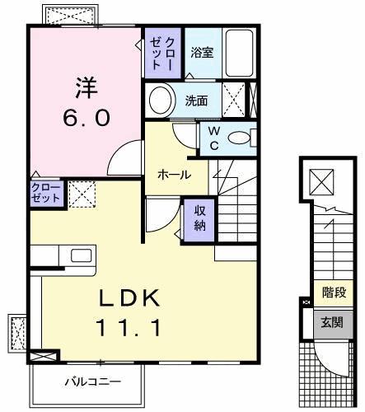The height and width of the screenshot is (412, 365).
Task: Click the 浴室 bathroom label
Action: tap(202, 53)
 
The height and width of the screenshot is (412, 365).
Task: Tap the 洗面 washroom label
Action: tap(196, 101)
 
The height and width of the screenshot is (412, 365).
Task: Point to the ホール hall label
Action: tap(174, 175)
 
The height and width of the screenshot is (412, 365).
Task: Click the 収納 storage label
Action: tap(200, 218)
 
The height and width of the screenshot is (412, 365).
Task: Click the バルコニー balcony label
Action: tap(93, 382)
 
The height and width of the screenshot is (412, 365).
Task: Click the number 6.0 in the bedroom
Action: tap(85, 118)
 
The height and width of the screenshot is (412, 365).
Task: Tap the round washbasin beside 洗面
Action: tap(161, 101)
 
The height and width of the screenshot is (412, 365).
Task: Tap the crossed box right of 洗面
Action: tap(233, 102)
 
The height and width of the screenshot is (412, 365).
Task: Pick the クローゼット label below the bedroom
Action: tap(45, 194)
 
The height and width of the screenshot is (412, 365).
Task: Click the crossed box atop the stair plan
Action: tap(320, 181)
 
